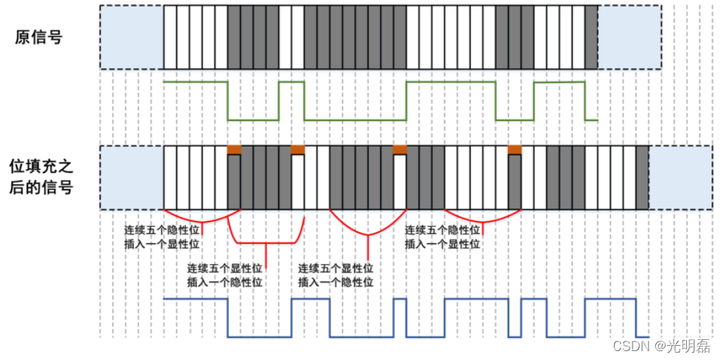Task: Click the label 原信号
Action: (x=38, y=38)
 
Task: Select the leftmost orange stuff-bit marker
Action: (x=233, y=150)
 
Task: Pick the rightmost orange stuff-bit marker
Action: (x=515, y=150)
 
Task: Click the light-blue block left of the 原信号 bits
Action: (x=131, y=38)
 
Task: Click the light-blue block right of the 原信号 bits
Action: (x=629, y=38)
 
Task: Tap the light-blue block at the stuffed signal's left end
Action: (x=131, y=178)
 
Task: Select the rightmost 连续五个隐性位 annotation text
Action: (x=442, y=231)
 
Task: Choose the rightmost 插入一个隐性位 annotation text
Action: (x=335, y=282)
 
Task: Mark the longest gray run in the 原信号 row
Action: (x=355, y=38)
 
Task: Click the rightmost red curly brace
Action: (x=482, y=215)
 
